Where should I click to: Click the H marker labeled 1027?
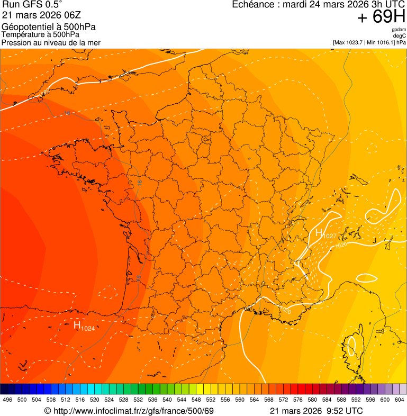(x=319, y=233)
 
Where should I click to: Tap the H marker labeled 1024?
(x=77, y=325)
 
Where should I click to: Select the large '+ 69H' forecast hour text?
(x=381, y=17)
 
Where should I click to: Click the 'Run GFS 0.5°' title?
(x=32, y=5)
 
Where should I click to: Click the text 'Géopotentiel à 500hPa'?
(x=49, y=27)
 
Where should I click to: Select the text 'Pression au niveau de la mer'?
(x=51, y=42)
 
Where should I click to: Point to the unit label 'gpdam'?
(x=399, y=30)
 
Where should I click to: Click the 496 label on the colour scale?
(x=7, y=400)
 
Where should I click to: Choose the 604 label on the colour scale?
(x=400, y=400)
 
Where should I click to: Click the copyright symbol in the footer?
(x=47, y=411)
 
